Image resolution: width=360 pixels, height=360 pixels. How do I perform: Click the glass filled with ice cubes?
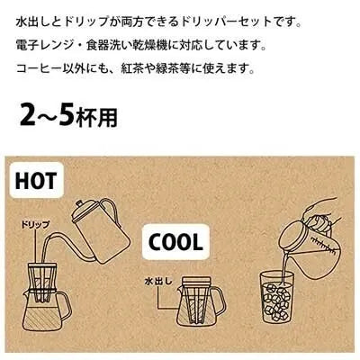pyautogui.click(x=279, y=301)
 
